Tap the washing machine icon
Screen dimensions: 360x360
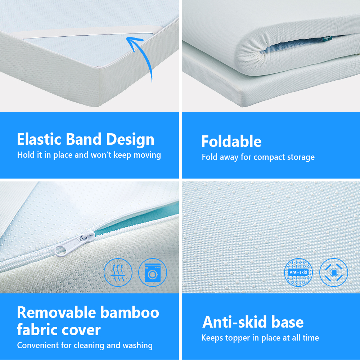pyautogui.click(x=153, y=273)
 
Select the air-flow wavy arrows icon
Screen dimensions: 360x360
pyautogui.click(x=118, y=273)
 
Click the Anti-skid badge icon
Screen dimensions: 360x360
pyautogui.click(x=298, y=272)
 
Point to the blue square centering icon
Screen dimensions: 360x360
pyautogui.click(x=334, y=273)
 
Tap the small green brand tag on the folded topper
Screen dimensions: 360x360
pyautogui.click(x=327, y=39)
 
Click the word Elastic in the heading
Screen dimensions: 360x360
pyautogui.click(x=39, y=139)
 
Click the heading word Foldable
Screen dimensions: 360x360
pyautogui.click(x=231, y=141)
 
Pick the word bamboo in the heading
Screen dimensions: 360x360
pyautogui.click(x=130, y=312)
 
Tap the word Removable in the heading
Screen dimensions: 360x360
pyautogui.click(x=57, y=312)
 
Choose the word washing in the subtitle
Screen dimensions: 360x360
pyautogui.click(x=138, y=346)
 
